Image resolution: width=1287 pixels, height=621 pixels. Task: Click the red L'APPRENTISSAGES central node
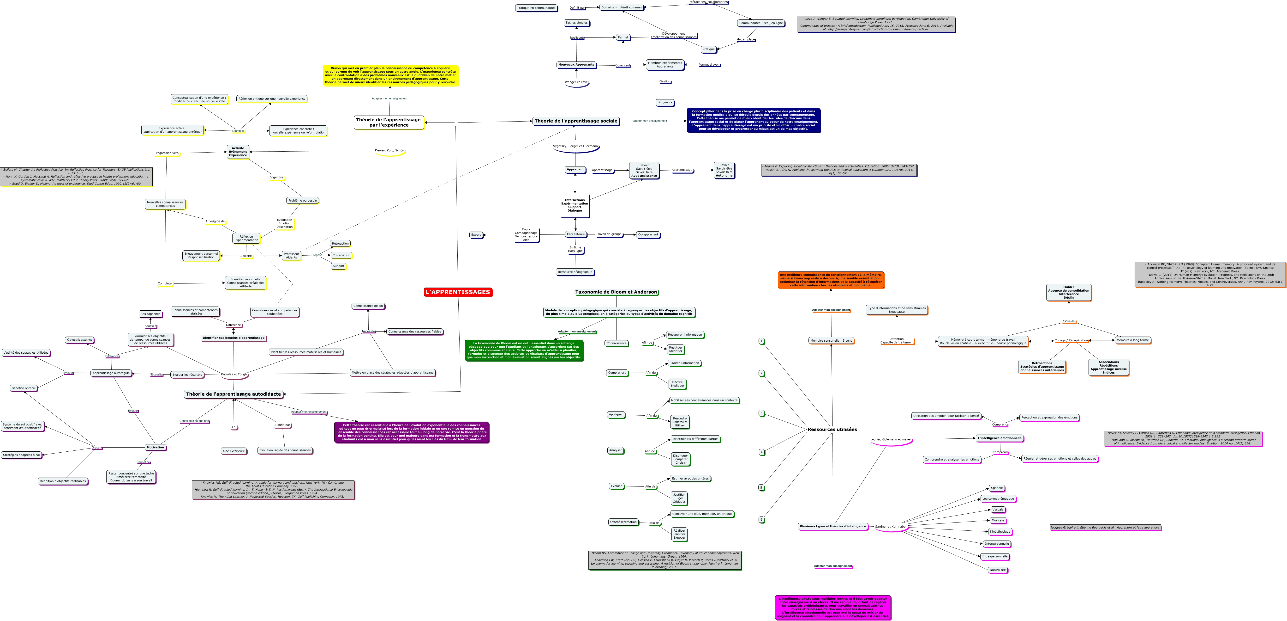tap(458, 292)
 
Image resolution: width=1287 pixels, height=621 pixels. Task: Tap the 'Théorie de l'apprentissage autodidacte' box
tap(233, 394)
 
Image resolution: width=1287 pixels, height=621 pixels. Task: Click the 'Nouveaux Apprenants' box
tap(576, 64)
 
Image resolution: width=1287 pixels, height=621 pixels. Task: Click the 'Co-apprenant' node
tap(648, 234)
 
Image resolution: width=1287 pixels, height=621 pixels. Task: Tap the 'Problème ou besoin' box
tap(302, 201)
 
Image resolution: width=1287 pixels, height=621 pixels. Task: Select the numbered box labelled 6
tap(761, 519)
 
